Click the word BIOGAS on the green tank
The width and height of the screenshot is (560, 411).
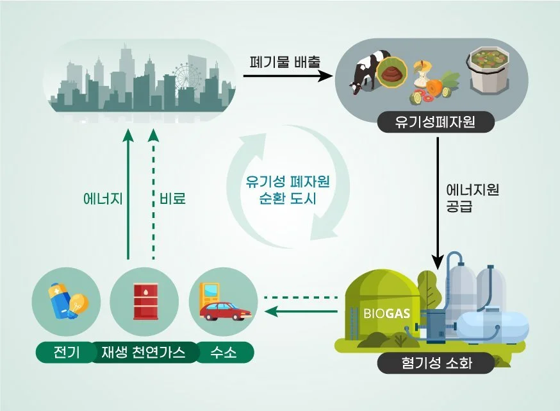point(383,315)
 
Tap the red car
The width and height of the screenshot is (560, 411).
point(224,312)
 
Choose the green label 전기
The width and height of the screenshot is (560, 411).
point(62,353)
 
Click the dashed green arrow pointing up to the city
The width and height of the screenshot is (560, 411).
point(153,192)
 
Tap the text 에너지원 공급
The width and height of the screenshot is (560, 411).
point(472,197)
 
